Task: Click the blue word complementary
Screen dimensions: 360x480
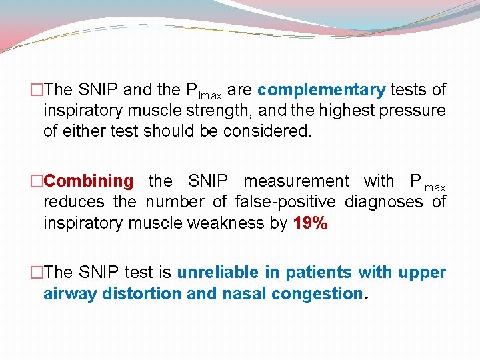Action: click(x=321, y=90)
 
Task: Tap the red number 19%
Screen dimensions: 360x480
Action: click(x=310, y=223)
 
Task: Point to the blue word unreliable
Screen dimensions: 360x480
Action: click(x=227, y=272)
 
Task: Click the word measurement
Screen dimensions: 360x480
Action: click(x=296, y=181)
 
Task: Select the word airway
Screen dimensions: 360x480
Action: click(x=70, y=293)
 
